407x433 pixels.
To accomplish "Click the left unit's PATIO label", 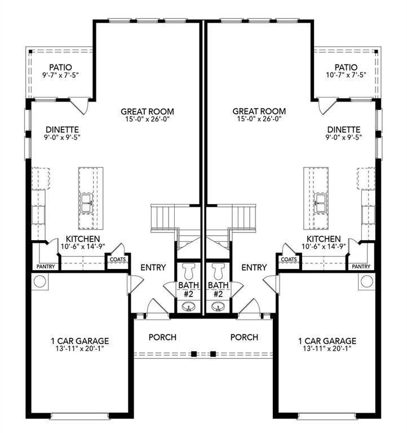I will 61,67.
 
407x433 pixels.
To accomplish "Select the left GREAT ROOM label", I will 147,111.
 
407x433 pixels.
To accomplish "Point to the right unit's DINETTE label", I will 343,129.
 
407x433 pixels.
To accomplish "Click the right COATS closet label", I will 289,259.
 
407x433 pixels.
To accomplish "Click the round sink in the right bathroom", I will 218,307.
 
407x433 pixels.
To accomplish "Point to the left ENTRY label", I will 153,267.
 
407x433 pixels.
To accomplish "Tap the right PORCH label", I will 244,337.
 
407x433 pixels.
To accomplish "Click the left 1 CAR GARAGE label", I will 78,341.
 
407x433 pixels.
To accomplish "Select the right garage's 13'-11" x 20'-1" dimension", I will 328,349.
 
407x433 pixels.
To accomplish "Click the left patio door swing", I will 82,105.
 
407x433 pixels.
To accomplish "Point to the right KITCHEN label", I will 323,238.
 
